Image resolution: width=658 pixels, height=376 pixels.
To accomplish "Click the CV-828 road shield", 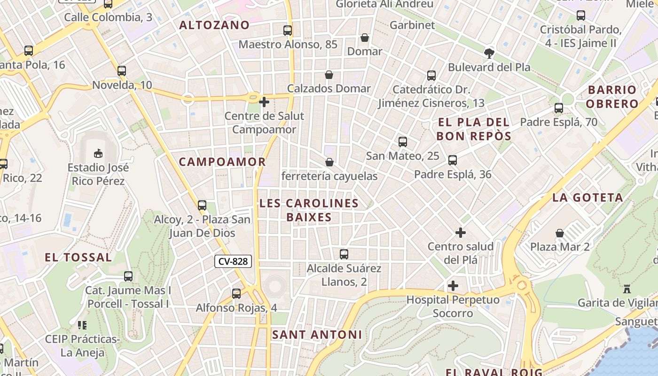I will [233, 261].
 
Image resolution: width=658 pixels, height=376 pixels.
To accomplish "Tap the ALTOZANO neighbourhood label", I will [214, 25].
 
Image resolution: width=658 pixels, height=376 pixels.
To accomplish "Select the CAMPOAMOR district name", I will [222, 162].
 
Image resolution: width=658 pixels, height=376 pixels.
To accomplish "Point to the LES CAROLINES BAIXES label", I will [309, 210].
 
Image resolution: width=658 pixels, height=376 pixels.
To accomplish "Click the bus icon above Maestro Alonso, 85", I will [288, 31].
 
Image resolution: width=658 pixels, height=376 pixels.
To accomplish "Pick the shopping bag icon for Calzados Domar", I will [329, 75].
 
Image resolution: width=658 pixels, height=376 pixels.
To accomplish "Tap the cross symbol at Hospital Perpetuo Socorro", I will [453, 286].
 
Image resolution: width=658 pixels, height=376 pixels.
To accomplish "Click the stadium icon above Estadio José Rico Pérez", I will [98, 153].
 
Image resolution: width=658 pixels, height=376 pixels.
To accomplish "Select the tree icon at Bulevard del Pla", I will [489, 53].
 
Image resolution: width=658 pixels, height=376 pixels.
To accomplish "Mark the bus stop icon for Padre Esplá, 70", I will [559, 108].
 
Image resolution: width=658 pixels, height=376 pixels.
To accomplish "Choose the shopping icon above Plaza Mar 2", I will [560, 233].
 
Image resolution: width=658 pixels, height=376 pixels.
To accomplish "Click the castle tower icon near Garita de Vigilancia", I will [627, 289].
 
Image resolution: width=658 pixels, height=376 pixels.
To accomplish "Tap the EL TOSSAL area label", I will [78, 258].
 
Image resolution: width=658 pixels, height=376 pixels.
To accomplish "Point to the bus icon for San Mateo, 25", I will [402, 142].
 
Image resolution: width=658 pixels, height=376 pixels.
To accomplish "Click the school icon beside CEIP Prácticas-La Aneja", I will [82, 325].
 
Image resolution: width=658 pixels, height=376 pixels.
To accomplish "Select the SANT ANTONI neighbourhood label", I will [317, 335].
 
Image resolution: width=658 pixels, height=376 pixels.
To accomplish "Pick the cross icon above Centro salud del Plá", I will [461, 233].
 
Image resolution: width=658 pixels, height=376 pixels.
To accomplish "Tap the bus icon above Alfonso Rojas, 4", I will [236, 294].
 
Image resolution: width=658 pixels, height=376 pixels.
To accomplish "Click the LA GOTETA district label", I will [588, 198].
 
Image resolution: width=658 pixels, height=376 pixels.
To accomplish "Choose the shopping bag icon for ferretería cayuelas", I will [329, 162].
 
